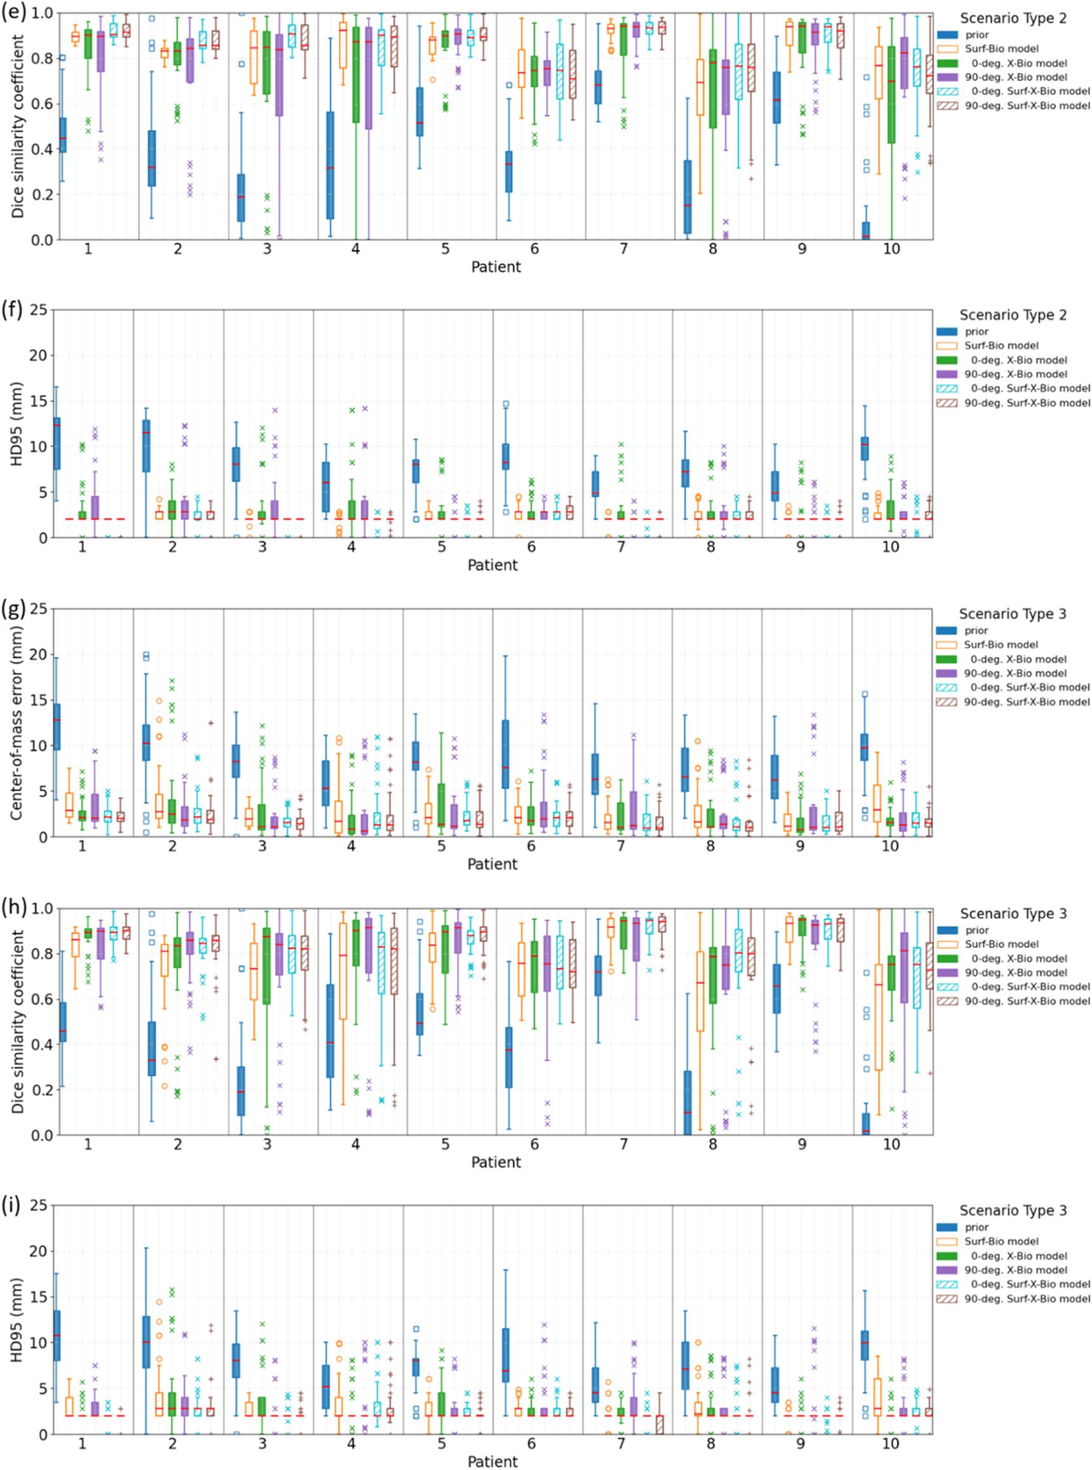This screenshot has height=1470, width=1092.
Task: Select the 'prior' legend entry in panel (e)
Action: coord(976,34)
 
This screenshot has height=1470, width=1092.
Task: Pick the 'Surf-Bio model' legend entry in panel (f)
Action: coord(1001,345)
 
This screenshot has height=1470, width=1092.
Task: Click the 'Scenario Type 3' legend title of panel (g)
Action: coord(1013,614)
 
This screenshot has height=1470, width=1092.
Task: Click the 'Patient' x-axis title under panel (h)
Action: coord(496,1162)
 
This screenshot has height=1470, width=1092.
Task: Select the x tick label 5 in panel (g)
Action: coord(441,845)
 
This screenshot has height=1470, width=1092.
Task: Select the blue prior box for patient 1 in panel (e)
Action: coord(63,135)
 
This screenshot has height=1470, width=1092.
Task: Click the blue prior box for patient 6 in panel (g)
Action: coord(505,753)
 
